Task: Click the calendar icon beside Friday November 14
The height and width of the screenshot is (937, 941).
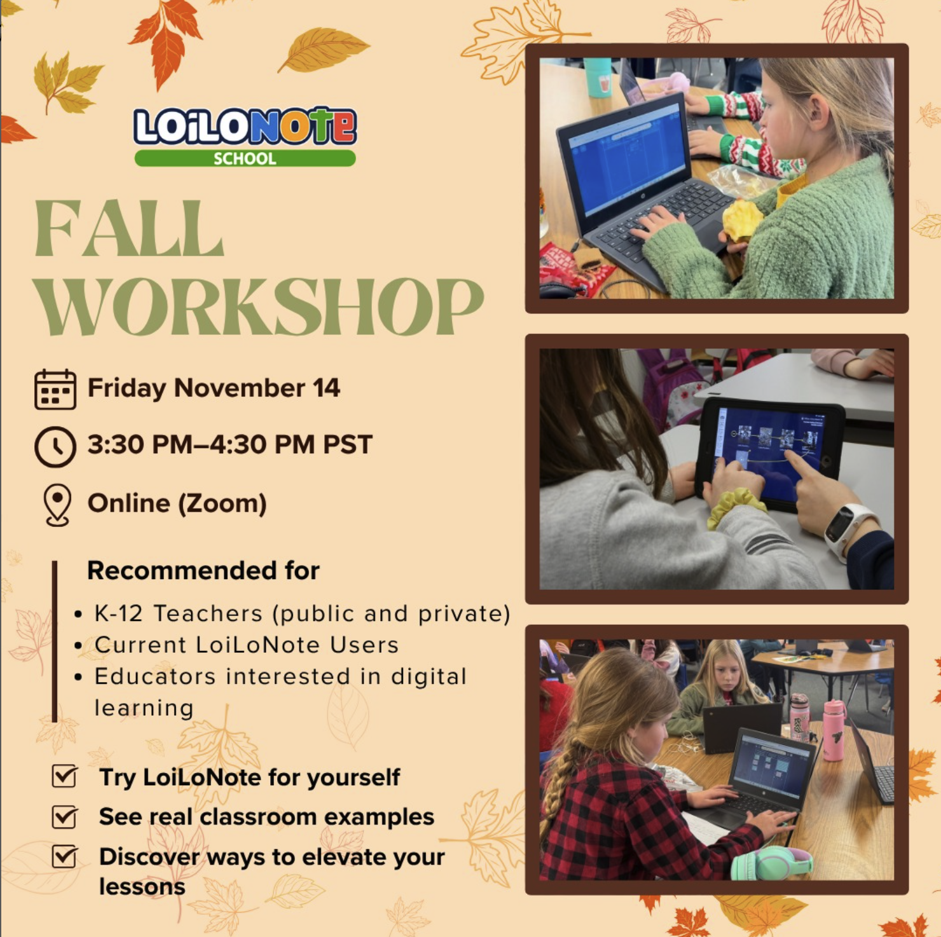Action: [55, 389]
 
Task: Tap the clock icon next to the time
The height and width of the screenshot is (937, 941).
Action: [55, 447]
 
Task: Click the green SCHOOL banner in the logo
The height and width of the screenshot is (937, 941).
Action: [245, 158]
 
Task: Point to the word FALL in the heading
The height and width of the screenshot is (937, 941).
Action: [129, 229]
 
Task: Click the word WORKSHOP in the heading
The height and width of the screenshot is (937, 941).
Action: [259, 306]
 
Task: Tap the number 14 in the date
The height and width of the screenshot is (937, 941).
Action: [326, 388]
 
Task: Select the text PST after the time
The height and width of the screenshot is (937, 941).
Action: [347, 444]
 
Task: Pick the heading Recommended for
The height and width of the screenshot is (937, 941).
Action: [203, 570]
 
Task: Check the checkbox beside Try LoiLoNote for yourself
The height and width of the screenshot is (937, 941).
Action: [65, 776]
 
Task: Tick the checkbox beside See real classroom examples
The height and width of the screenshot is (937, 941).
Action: [65, 816]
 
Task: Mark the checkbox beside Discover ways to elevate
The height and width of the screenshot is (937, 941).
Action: [65, 856]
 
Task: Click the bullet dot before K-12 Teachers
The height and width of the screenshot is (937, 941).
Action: [78, 615]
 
